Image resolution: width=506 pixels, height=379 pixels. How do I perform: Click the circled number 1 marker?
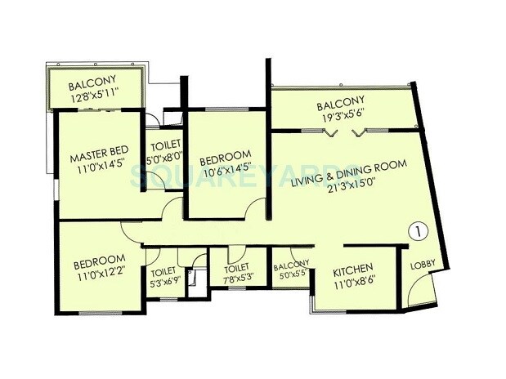418,231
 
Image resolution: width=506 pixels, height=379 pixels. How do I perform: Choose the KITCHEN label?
353,268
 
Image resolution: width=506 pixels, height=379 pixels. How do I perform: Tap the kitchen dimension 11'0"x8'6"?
353,282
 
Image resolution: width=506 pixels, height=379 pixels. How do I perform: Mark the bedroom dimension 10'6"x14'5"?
224,172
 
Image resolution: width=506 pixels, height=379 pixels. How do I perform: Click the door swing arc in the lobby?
419,292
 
